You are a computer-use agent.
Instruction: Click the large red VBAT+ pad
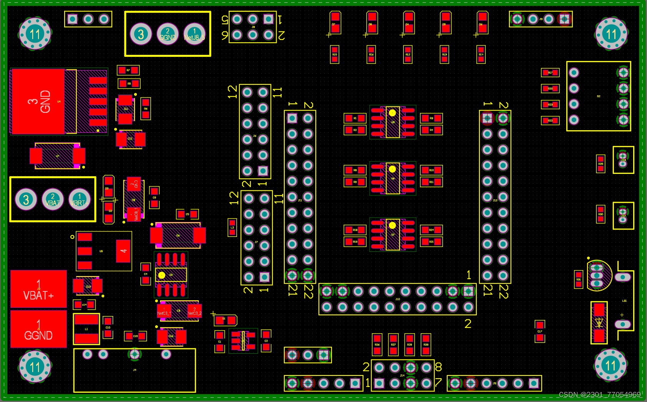pos(38,289)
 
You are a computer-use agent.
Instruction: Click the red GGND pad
pos(38,329)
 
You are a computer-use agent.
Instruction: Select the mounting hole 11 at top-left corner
pos(35,34)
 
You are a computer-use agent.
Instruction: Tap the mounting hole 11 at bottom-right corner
pos(611,365)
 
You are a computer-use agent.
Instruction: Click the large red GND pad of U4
pos(38,102)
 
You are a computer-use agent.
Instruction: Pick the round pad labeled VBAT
pos(53,200)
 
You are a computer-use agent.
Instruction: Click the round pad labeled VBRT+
pos(80,200)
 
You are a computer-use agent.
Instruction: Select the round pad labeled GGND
pos(168,34)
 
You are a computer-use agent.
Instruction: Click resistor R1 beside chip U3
pos(355,118)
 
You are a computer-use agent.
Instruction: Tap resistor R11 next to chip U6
pos(431,182)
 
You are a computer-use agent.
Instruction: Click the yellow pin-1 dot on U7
pos(392,225)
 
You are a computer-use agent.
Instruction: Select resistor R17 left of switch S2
pos(550,73)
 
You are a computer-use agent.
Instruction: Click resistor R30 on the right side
pos(601,214)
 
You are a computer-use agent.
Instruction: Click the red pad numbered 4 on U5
pos(123,251)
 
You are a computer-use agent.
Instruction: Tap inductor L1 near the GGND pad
pos(86,329)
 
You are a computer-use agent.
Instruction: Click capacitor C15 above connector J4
pos(135,336)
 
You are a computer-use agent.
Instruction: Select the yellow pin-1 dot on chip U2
pos(162,275)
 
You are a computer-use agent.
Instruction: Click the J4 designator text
pos(134,370)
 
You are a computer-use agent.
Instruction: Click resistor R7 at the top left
pos(128,70)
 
